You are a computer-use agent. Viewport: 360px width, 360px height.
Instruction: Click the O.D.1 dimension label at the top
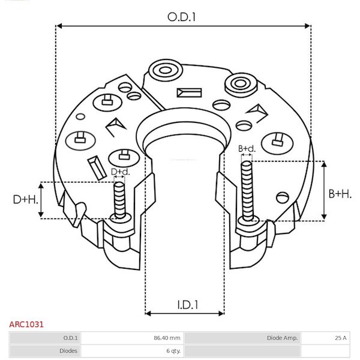click(181, 17)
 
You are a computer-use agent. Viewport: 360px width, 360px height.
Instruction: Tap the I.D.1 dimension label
click(188, 305)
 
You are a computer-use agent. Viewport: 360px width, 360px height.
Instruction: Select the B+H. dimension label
click(340, 194)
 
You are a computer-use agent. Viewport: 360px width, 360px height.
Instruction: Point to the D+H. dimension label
click(25, 200)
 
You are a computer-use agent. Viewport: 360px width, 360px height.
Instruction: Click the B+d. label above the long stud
click(247, 149)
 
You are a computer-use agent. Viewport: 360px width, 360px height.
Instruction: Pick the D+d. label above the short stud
click(121, 172)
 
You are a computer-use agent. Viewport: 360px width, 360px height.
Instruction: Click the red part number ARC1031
click(26, 325)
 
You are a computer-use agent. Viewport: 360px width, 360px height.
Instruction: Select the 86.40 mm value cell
click(167, 338)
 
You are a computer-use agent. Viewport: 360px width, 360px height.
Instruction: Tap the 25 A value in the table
click(341, 338)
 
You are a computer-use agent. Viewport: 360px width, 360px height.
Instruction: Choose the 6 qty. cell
click(173, 351)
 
